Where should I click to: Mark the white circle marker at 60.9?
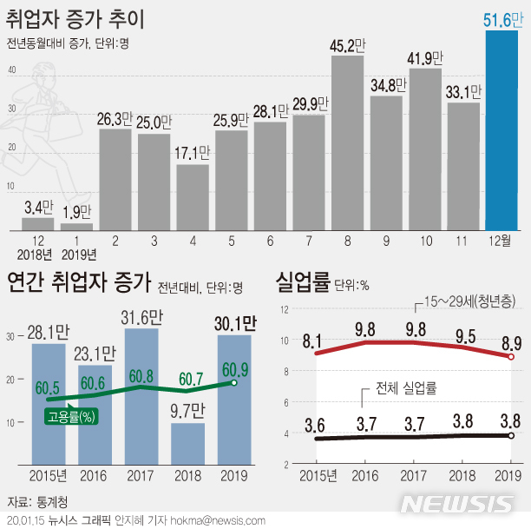coord(233,383)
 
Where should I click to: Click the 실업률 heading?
coord(302,283)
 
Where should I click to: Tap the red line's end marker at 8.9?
coord(512,357)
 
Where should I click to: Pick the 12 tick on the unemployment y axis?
coord(285,309)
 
